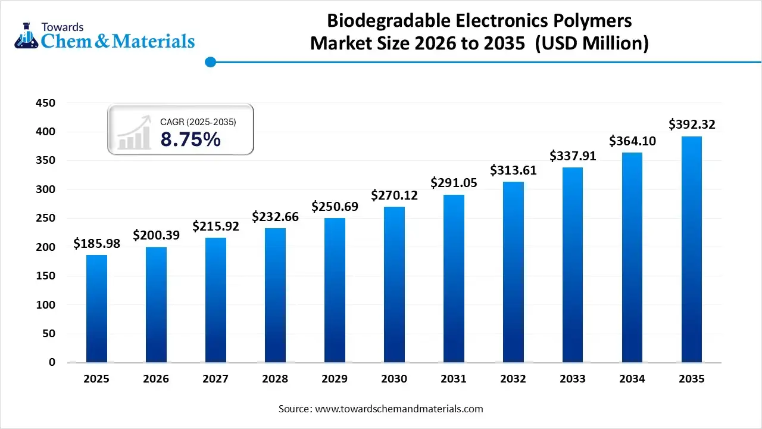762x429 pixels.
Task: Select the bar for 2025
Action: pyautogui.click(x=96, y=308)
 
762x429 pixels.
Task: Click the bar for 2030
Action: pyautogui.click(x=394, y=284)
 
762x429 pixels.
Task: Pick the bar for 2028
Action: pyautogui.click(x=275, y=295)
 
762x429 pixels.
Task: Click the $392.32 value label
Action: pyautogui.click(x=692, y=125)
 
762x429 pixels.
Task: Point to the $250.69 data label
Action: pyautogui.click(x=335, y=207)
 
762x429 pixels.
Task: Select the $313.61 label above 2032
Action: pyautogui.click(x=513, y=170)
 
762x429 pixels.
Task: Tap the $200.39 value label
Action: pyautogui.click(x=156, y=235)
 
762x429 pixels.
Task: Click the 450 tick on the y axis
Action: pyautogui.click(x=46, y=103)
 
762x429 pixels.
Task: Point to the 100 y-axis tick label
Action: pyautogui.click(x=46, y=305)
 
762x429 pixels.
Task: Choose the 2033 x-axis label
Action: pyautogui.click(x=573, y=379)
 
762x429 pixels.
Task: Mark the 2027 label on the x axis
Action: pyautogui.click(x=216, y=379)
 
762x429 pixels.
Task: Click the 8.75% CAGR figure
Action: pyautogui.click(x=190, y=139)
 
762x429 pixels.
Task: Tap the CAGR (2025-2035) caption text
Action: pyautogui.click(x=198, y=122)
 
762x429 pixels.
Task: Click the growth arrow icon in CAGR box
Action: pyautogui.click(x=134, y=133)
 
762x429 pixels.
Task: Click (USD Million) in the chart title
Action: pyautogui.click(x=592, y=43)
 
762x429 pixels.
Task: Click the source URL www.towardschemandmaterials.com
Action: pyautogui.click(x=399, y=409)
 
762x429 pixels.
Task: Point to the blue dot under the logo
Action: pyautogui.click(x=210, y=62)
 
